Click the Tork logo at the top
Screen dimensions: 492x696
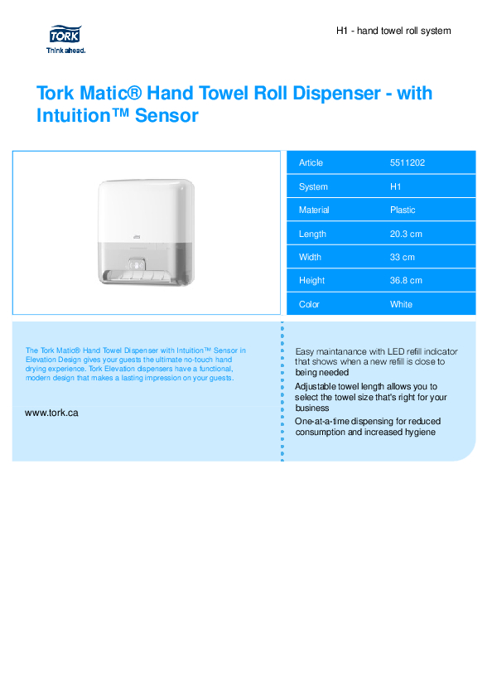pos(65,34)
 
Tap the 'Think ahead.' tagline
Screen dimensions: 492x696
pos(65,51)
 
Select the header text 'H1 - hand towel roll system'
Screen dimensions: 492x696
pos(393,31)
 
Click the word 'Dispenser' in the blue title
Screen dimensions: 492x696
pos(337,93)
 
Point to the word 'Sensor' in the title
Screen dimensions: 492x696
pos(166,115)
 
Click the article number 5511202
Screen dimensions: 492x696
pos(408,162)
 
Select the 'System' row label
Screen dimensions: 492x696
pos(313,187)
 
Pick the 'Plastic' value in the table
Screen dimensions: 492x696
pos(403,210)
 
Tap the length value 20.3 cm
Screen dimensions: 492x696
pos(406,234)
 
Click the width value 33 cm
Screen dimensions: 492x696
pos(402,257)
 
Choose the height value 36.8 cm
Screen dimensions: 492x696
pos(406,281)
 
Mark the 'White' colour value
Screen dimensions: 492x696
pos(401,305)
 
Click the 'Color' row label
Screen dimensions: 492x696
pos(309,305)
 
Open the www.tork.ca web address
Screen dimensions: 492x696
pos(51,413)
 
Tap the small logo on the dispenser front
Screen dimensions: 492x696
pos(137,238)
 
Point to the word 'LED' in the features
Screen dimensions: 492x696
pos(396,351)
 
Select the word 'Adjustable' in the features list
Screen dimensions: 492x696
pos(315,387)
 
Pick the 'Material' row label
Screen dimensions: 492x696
pos(314,210)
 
